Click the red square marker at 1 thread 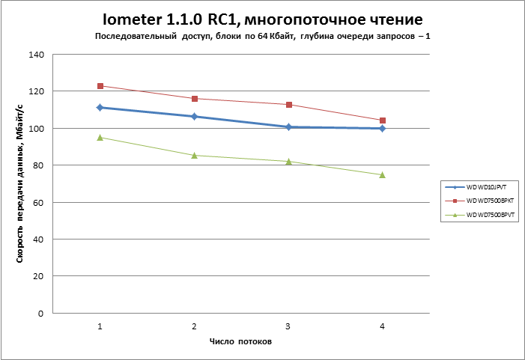coord(100,86)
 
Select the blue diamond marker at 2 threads coord(194,117)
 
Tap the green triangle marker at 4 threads coord(383,174)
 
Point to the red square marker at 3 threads coord(288,105)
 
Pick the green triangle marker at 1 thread coord(100,137)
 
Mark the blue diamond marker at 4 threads coord(383,129)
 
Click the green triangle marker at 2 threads coord(194,155)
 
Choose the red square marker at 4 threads coord(383,120)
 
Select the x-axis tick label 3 coord(288,326)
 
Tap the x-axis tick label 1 coord(100,326)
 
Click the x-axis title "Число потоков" coord(240,341)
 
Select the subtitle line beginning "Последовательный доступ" coord(263,36)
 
